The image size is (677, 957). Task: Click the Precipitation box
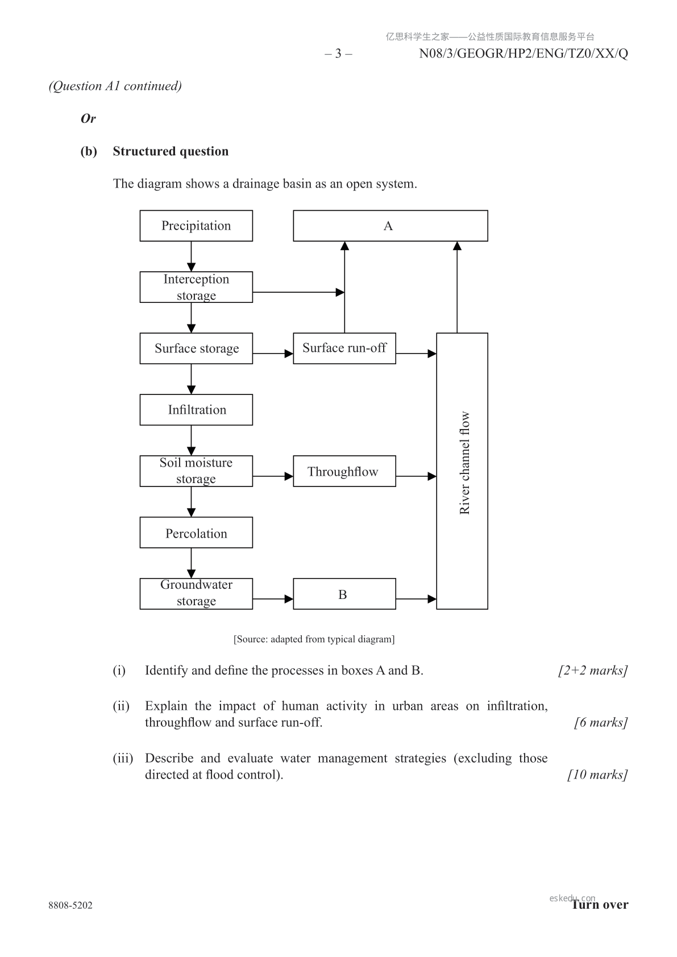196,226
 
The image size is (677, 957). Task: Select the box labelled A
390,226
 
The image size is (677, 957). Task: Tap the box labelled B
344,594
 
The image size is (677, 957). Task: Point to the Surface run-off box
344,348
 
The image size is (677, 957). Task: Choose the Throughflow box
344,471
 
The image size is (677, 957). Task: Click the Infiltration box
196,410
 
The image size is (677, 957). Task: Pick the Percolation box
196,532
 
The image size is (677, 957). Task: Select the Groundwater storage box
196,593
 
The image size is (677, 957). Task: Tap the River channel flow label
464,463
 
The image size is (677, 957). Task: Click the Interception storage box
196,287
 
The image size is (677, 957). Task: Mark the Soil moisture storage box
196,471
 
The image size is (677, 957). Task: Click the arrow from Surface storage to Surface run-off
273,353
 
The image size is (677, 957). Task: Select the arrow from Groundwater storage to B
273,598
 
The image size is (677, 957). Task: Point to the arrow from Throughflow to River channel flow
416,476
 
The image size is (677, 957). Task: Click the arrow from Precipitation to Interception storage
191,256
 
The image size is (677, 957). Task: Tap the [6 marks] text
601,722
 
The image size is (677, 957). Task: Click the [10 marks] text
597,775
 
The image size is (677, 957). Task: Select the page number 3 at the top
338,53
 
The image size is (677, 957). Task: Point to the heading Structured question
171,151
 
